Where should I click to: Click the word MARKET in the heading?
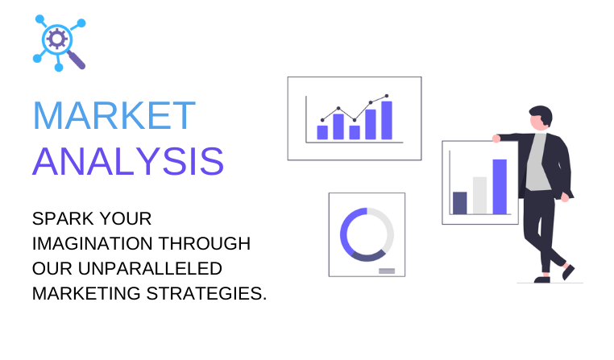pyautogui.click(x=114, y=115)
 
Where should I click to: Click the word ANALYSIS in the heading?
pyautogui.click(x=128, y=161)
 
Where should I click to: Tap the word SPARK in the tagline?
pyautogui.click(x=63, y=219)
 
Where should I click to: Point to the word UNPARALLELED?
pyautogui.click(x=150, y=269)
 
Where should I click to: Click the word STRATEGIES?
pyautogui.click(x=206, y=294)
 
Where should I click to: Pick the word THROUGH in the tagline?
pyautogui.click(x=205, y=243)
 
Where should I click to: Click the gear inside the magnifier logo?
pyautogui.click(x=57, y=39)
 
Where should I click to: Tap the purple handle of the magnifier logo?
pyautogui.click(x=77, y=60)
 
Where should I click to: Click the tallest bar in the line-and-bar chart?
pyautogui.click(x=387, y=120)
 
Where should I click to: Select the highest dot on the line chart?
pyautogui.click(x=387, y=96)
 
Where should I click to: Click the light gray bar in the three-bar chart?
pyautogui.click(x=479, y=195)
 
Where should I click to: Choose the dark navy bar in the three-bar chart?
pyautogui.click(x=460, y=203)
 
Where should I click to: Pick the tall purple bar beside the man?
pyautogui.click(x=500, y=187)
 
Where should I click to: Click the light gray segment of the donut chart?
pyautogui.click(x=387, y=227)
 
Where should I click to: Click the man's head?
pyautogui.click(x=541, y=118)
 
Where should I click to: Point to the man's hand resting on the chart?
pyautogui.click(x=496, y=139)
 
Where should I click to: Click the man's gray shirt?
pyautogui.click(x=537, y=162)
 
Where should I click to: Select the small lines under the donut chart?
pyautogui.click(x=387, y=271)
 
